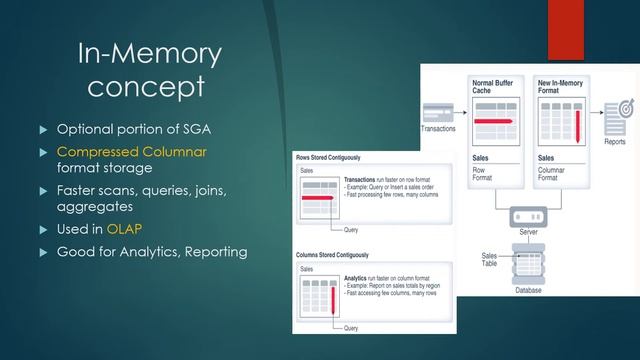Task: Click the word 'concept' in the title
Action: point(146,87)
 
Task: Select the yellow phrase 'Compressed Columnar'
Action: point(118,151)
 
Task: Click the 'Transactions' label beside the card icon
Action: point(440,129)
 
